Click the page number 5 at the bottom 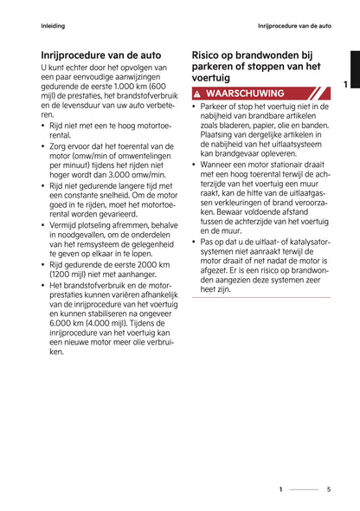coord(329,489)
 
